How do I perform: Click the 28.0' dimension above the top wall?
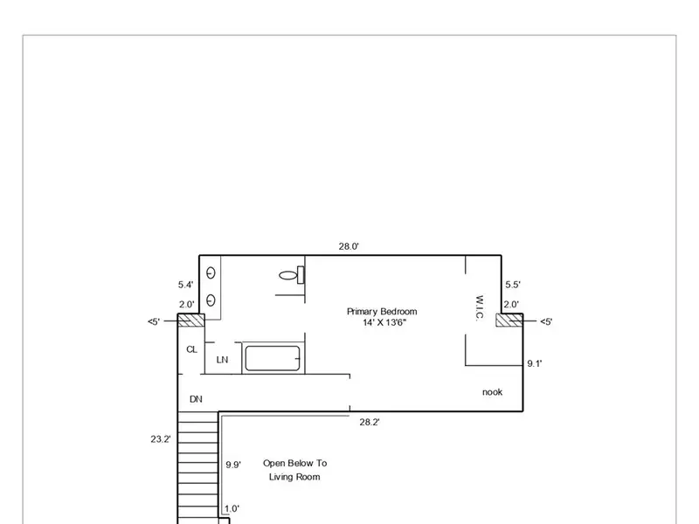tap(349, 246)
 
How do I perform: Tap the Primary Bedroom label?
tap(382, 312)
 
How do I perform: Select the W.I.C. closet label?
tap(480, 308)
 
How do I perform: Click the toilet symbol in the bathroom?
tap(292, 275)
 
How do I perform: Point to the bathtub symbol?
tap(273, 358)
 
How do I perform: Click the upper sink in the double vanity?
tap(211, 272)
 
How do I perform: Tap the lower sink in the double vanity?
tap(211, 300)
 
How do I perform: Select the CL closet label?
tap(191, 350)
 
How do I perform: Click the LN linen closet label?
tap(222, 360)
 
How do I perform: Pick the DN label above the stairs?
tap(196, 399)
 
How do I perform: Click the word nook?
tap(492, 392)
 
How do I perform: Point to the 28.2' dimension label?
tap(370, 423)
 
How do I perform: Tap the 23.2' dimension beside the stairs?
tap(161, 439)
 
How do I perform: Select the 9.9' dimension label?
tap(233, 465)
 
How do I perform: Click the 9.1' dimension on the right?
tap(535, 363)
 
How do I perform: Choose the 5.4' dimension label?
tap(186, 285)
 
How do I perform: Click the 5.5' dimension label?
tap(513, 285)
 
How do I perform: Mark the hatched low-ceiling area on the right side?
tap(509, 321)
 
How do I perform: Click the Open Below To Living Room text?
tap(294, 470)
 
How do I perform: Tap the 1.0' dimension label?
tap(232, 508)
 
